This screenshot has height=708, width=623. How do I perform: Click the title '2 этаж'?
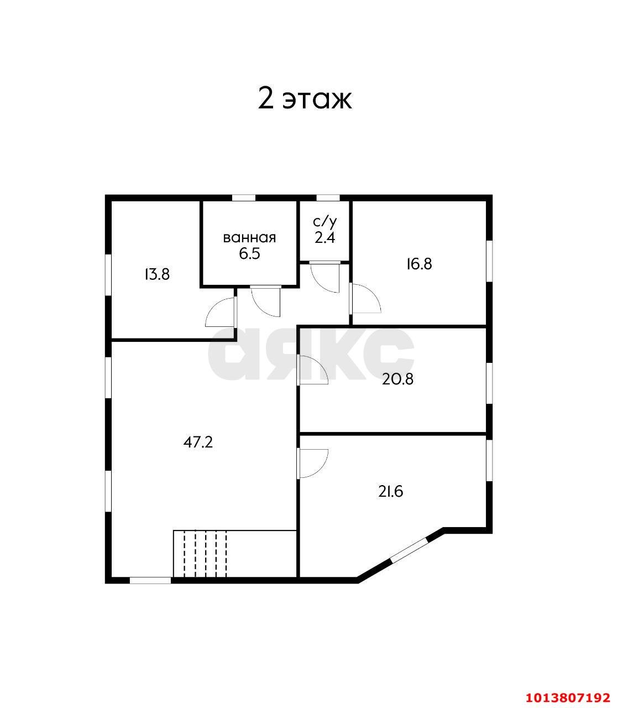point(305,100)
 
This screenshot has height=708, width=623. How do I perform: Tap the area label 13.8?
point(157,274)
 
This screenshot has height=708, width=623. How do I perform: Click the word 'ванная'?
point(249,238)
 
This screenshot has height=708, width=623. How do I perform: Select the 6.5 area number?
point(249,253)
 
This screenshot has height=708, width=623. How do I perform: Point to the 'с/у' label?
point(325,222)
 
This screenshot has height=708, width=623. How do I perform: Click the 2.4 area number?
point(325,238)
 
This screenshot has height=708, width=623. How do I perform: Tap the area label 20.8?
point(397,379)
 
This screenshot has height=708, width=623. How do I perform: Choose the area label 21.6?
point(391,492)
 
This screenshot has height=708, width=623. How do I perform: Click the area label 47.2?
point(198,442)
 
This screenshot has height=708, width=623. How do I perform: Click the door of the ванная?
point(266,301)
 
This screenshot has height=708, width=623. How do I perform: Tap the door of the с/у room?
point(325,277)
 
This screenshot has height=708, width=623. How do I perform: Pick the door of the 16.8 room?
point(365,298)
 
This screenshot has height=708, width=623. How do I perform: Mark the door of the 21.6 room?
point(312,464)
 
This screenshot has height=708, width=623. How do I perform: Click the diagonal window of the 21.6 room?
point(409,550)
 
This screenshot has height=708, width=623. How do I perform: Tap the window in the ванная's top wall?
point(244,198)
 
